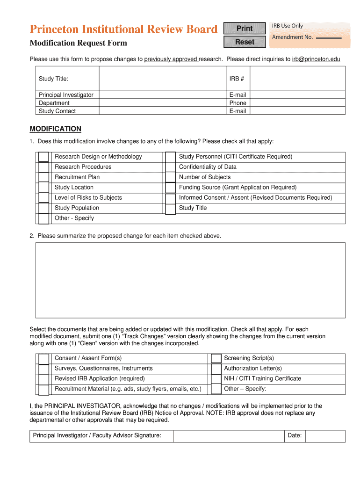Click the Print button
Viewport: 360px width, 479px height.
click(x=245, y=29)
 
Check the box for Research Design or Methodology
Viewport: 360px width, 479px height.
click(x=43, y=157)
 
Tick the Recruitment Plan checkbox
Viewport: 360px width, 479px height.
click(x=43, y=177)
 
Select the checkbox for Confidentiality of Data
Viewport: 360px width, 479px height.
click(x=171, y=167)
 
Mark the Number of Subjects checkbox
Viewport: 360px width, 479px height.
click(x=171, y=178)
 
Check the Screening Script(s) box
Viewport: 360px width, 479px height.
click(x=216, y=358)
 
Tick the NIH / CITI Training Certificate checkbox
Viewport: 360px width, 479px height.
click(x=216, y=379)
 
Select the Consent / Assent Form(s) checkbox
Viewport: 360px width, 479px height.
click(x=43, y=359)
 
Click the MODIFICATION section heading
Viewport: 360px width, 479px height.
click(x=55, y=129)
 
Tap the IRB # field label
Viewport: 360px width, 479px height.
click(x=237, y=79)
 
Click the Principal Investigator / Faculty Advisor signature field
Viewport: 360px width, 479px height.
click(x=228, y=436)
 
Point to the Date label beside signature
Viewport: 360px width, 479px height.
click(x=294, y=435)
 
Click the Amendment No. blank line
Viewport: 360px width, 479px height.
click(x=329, y=37)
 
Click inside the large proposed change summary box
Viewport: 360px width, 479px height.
click(x=190, y=280)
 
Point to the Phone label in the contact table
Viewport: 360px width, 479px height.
click(x=238, y=103)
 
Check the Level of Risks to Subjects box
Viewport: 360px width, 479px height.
click(x=43, y=198)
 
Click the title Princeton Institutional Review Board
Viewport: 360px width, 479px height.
click(x=123, y=29)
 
